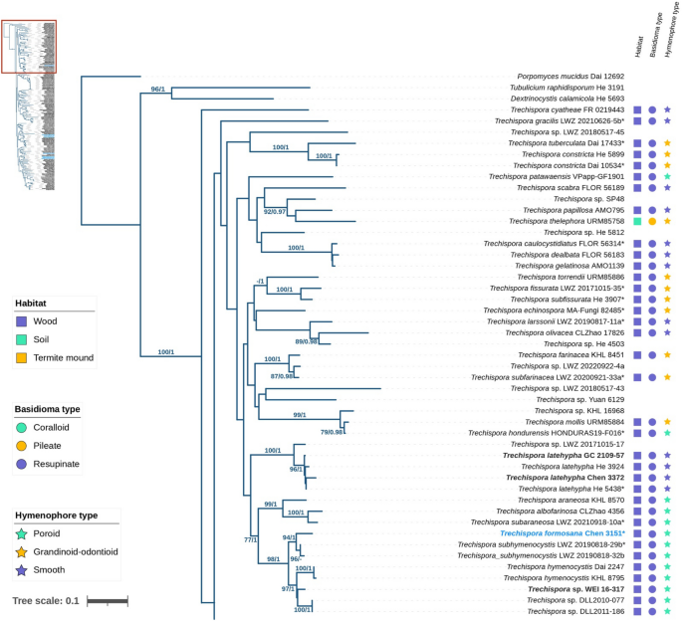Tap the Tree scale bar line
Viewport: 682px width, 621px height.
(107, 601)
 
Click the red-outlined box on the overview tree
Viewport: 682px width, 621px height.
(29, 46)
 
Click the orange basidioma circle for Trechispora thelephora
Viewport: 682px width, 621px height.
(652, 221)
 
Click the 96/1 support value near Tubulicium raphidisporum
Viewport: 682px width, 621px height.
(157, 89)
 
